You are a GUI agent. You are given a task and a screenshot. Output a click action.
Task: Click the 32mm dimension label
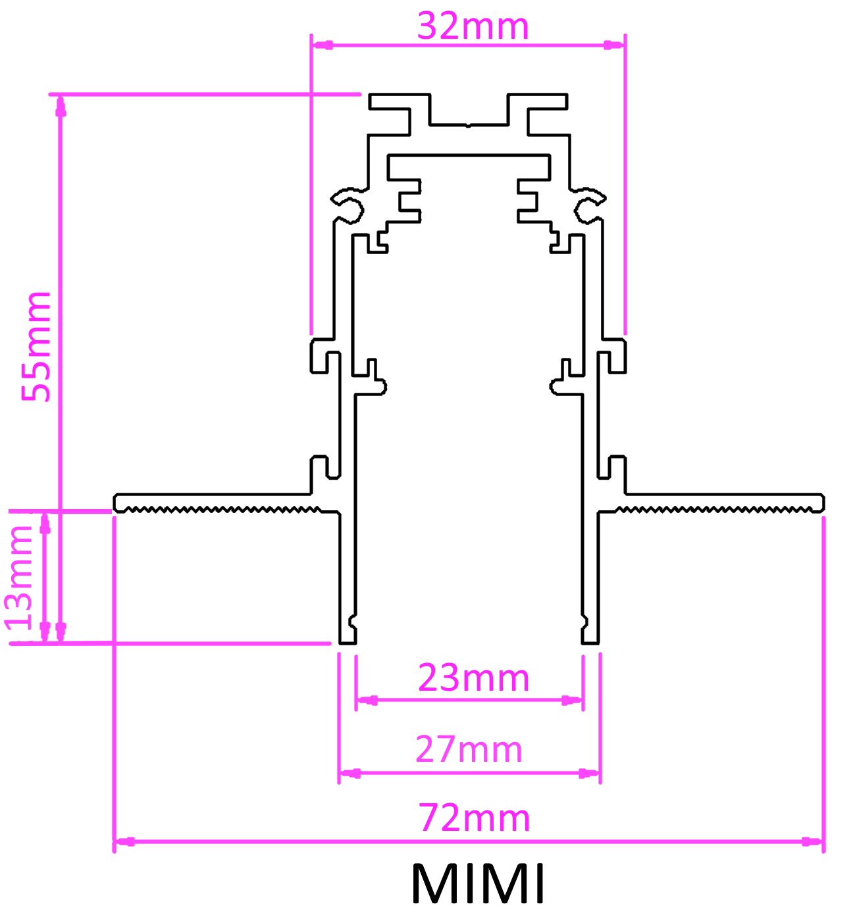pos(473,26)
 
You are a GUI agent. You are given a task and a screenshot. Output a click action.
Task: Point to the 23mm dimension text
pos(473,678)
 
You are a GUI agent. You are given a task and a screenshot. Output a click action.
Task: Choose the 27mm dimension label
pos(469,749)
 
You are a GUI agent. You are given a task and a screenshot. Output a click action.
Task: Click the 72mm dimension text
pos(474,818)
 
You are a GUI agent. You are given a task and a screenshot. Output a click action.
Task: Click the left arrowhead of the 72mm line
pos(124,841)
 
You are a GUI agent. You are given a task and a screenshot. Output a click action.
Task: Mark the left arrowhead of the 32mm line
pos(322,45)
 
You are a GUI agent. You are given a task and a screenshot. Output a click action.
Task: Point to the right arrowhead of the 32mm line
pos(613,45)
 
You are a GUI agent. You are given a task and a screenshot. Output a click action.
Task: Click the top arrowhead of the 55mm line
pos(61,106)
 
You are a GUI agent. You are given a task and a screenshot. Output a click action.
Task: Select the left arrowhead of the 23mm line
pos(367,701)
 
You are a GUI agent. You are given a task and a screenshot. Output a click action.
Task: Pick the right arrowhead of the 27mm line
pos(589,773)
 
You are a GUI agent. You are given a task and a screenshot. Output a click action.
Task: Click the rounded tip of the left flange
pos(116,503)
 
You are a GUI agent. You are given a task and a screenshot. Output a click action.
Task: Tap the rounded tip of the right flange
pos(821,503)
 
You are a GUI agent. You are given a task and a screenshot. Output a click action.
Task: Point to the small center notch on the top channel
pos(467,124)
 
